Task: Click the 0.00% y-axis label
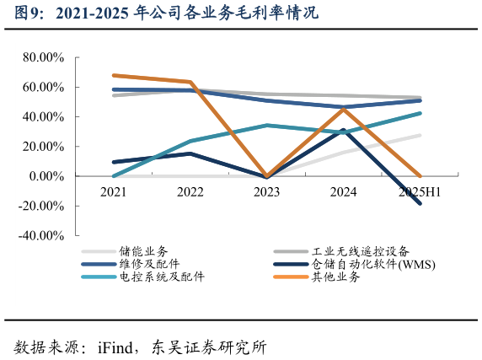tap(46, 176)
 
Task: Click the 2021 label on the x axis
tap(114, 191)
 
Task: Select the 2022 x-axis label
tap(190, 191)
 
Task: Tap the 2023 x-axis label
tap(266, 191)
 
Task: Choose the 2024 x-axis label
tap(343, 191)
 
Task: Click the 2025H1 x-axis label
tap(420, 191)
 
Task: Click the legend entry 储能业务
tap(143, 251)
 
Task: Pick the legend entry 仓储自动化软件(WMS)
tap(372, 264)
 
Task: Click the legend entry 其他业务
tap(335, 277)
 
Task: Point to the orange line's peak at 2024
tap(343, 109)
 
